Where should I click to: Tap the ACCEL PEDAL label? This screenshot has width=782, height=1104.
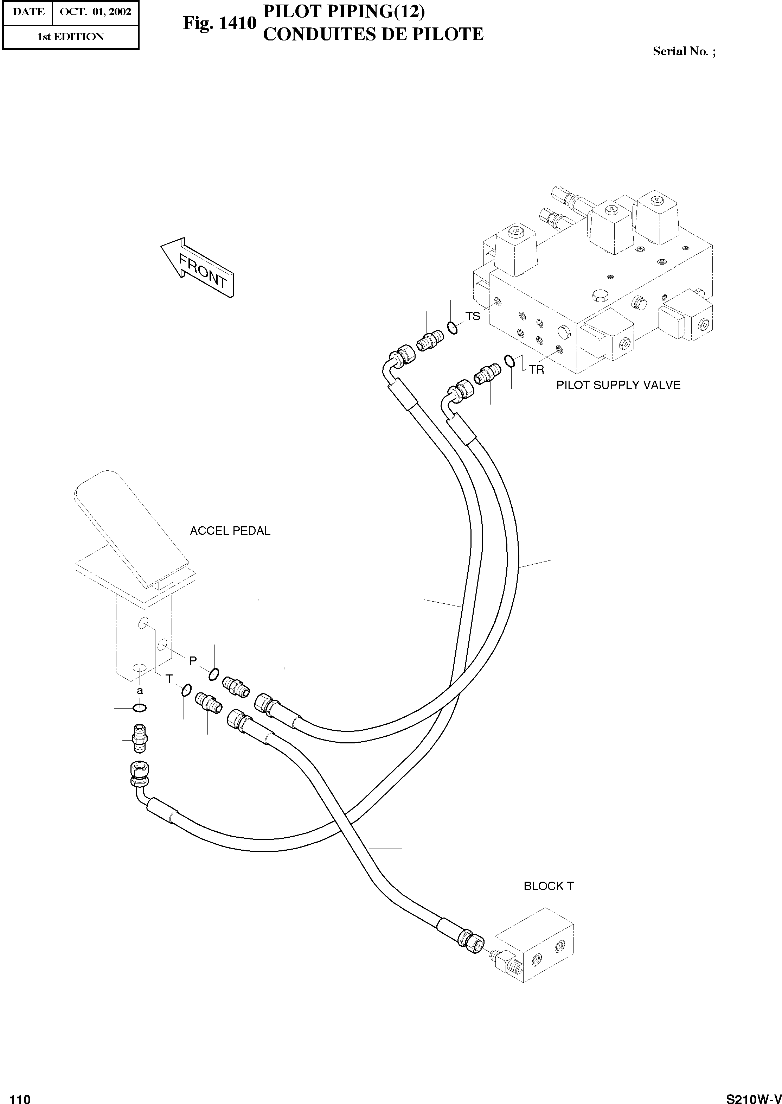coord(230,531)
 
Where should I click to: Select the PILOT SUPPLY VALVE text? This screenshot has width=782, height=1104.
coord(618,385)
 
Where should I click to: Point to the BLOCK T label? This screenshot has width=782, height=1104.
coord(549,886)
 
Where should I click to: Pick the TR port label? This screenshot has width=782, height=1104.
coord(537,370)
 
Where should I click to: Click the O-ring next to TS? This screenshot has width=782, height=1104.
coord(452,328)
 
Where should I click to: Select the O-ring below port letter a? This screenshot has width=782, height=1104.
coord(140,708)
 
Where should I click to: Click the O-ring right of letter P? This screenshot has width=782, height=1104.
coord(214,675)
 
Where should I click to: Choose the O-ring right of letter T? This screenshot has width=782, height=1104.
coord(186,690)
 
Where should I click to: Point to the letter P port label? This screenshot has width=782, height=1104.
coord(193,661)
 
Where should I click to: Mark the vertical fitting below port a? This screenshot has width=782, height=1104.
coord(139,738)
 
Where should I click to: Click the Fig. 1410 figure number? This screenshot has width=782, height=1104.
coord(219,23)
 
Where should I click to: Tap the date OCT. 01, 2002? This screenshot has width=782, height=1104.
coord(95,12)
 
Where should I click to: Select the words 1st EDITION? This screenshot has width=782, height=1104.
coord(71,37)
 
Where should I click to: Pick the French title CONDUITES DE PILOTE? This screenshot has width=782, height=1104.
coord(373,34)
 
